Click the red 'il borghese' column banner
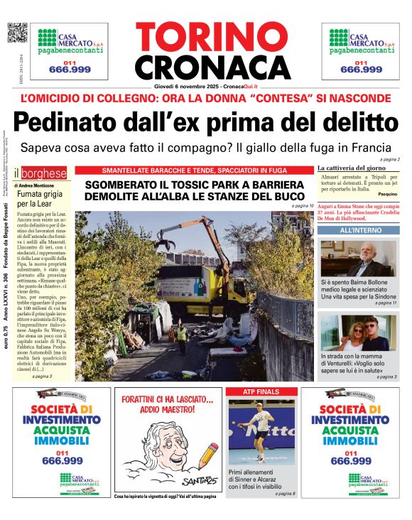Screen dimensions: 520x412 pyautogui.click(x=44, y=173)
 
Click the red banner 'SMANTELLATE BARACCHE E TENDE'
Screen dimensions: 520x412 pyautogui.click(x=193, y=170)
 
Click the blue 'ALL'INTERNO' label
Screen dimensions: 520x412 pyautogui.click(x=358, y=231)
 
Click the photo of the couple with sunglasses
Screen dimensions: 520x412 pyautogui.click(x=359, y=332)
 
